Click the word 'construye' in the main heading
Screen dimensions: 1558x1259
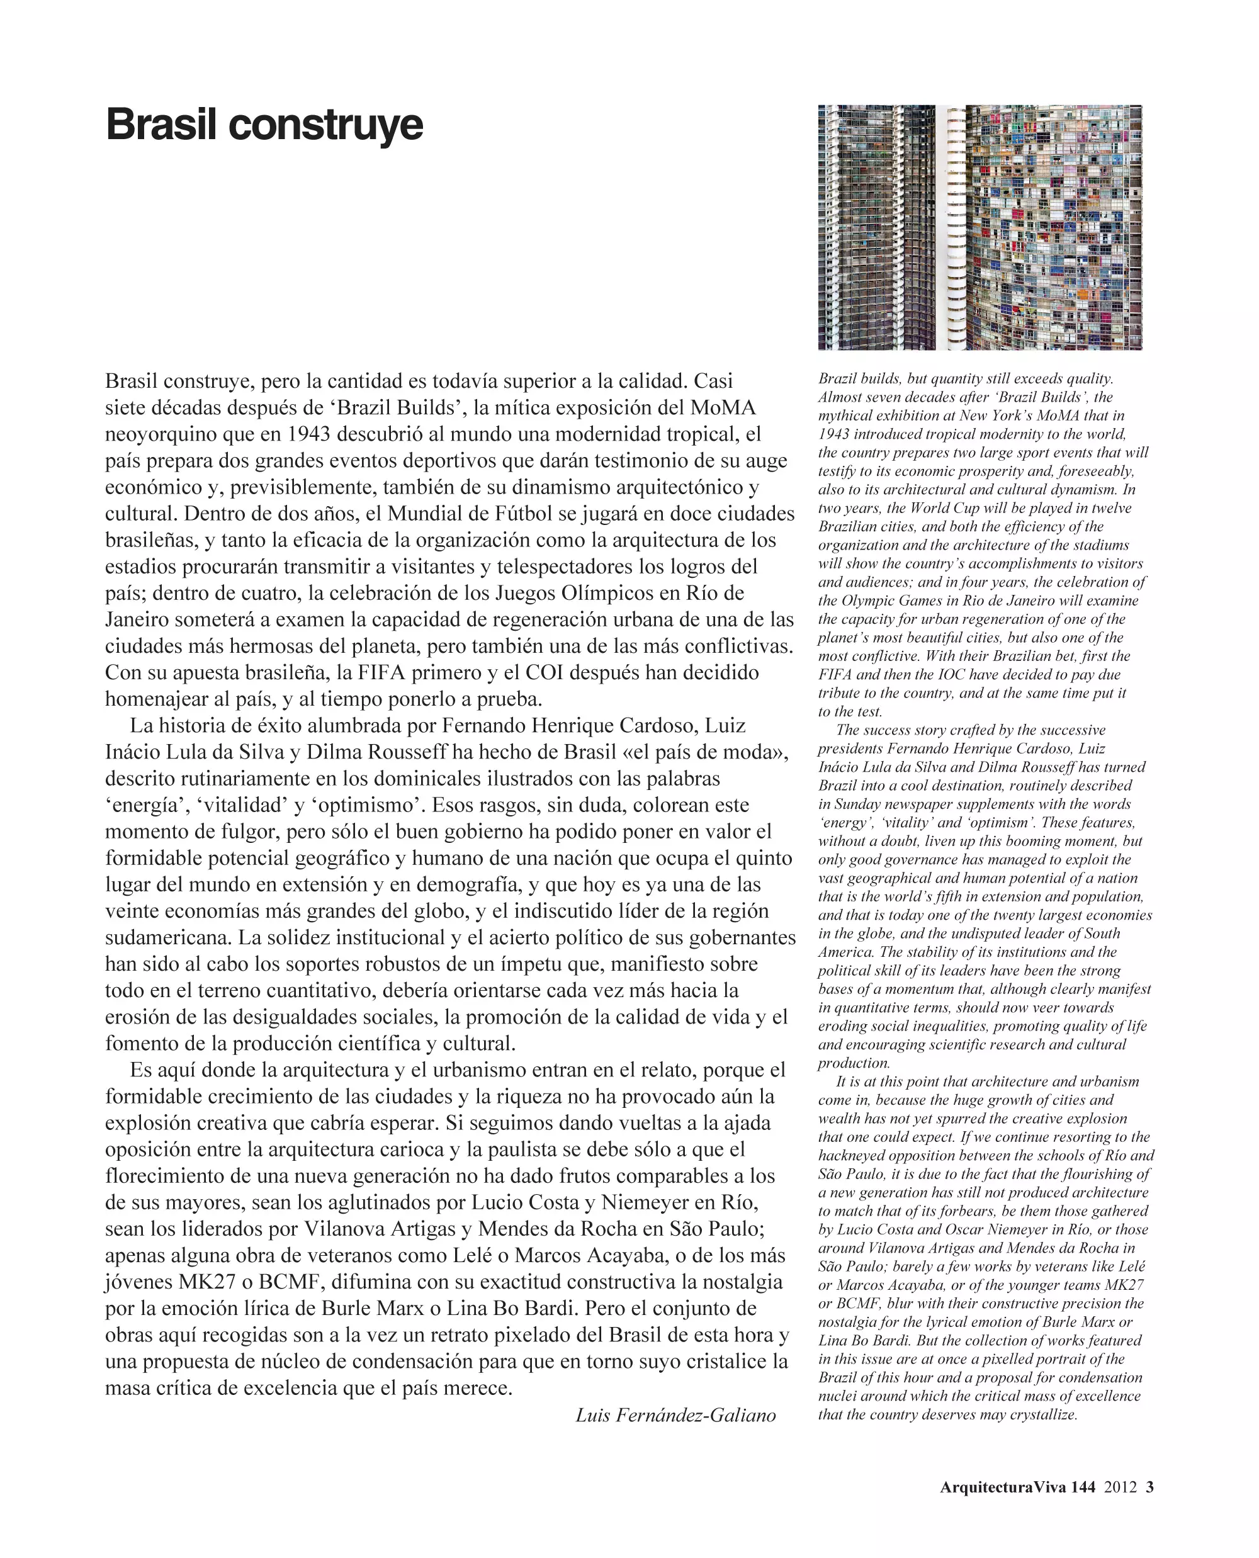click(x=325, y=125)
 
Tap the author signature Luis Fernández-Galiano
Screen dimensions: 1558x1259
click(x=675, y=1415)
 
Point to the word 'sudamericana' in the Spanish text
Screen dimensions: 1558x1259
click(x=168, y=937)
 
